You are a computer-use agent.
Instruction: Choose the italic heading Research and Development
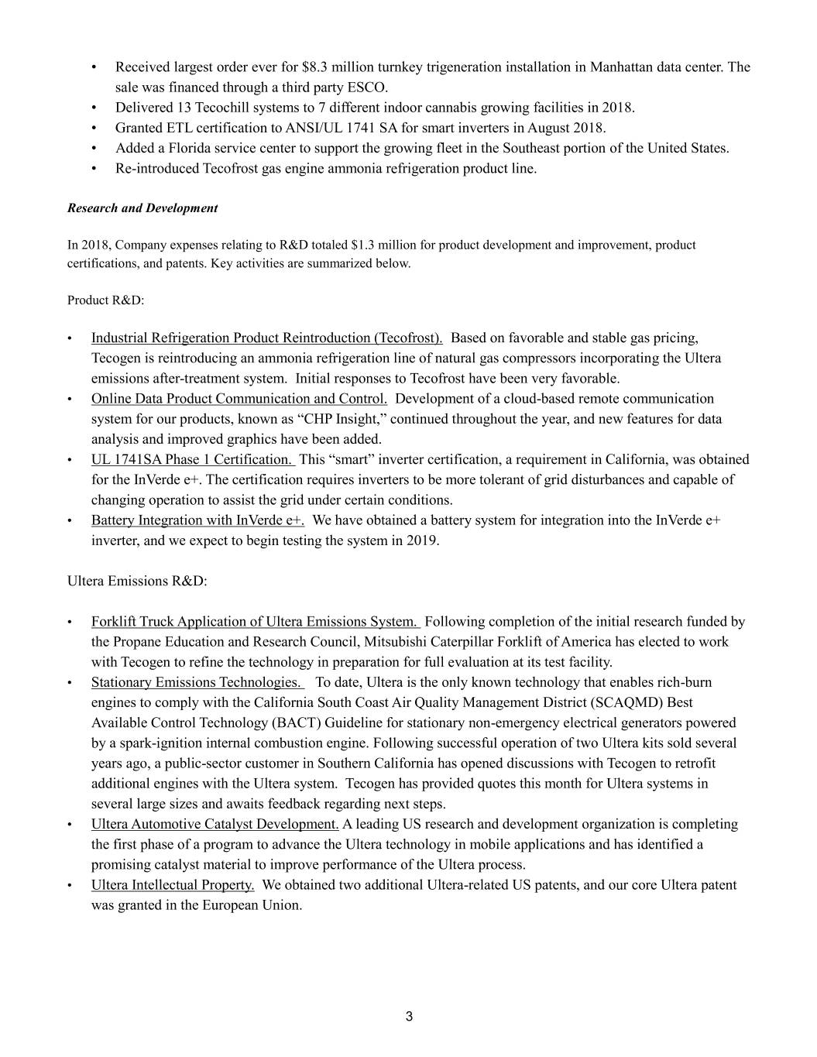point(142,208)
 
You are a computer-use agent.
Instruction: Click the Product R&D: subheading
point(105,300)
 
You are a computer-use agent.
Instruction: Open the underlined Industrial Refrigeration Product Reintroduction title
point(266,338)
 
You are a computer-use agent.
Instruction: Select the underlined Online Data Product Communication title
point(239,399)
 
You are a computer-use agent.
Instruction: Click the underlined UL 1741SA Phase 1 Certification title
point(192,459)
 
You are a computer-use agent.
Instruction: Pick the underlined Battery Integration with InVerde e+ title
point(197,520)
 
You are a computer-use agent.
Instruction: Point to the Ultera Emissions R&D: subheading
point(137,581)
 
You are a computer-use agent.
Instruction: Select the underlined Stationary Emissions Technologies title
point(197,682)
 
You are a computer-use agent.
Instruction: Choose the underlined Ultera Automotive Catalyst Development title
point(215,824)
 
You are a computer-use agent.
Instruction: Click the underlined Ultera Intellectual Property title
point(173,885)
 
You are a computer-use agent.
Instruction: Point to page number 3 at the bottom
point(409,1017)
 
